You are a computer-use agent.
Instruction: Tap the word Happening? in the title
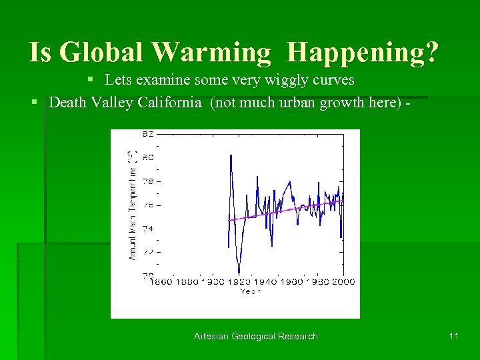tap(365, 52)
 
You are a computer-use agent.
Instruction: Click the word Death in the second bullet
tap(67, 103)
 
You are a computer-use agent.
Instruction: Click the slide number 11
tap(453, 336)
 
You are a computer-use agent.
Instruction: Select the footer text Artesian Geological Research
tap(256, 336)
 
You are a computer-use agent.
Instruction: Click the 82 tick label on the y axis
tap(148, 134)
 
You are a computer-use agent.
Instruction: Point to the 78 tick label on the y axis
tap(148, 181)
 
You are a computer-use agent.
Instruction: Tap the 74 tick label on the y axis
tap(148, 228)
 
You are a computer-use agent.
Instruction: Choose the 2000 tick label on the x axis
tap(343, 282)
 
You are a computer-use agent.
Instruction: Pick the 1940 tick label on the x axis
tap(265, 282)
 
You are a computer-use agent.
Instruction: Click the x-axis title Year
tap(251, 291)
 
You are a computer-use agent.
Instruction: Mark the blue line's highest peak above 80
tap(231, 155)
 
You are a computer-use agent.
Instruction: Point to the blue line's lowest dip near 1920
tap(239, 274)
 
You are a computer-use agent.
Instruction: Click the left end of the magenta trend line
tap(229, 220)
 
